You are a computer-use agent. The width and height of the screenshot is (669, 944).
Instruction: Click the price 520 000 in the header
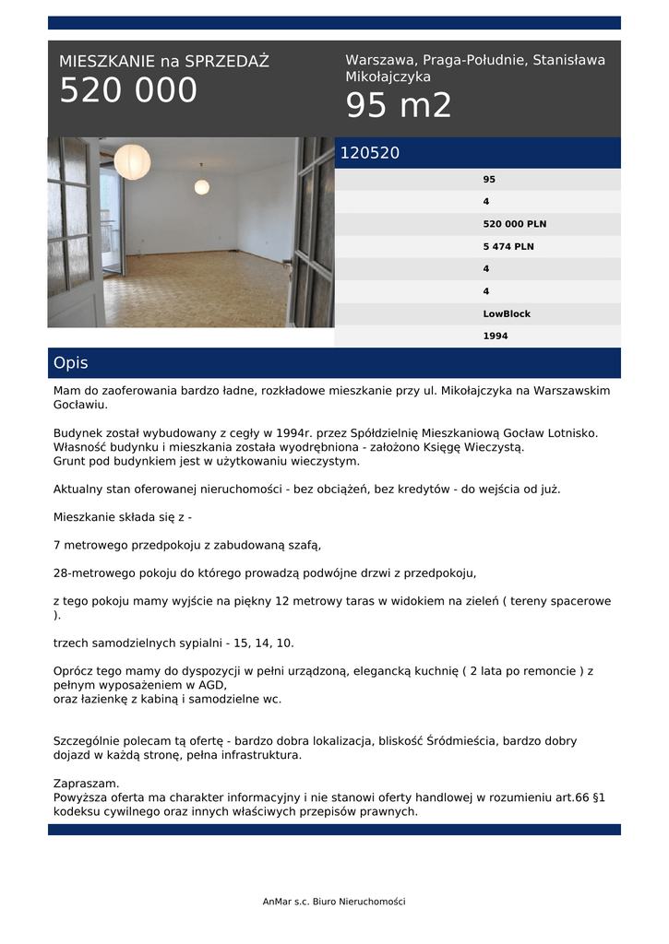tap(128, 90)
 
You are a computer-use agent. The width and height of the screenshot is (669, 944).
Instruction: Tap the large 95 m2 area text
tap(399, 107)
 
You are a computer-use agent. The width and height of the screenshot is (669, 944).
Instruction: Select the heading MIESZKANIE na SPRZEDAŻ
tap(164, 62)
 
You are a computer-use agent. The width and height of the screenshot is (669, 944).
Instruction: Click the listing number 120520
tap(370, 153)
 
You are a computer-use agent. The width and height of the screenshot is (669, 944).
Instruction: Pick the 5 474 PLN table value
tap(508, 246)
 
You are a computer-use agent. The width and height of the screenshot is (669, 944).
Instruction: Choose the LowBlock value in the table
tap(507, 313)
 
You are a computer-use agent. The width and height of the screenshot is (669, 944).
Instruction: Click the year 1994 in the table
tap(496, 336)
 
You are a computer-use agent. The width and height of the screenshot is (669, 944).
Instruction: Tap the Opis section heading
tap(71, 363)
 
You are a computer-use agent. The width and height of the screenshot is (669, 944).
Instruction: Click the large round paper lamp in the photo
tap(132, 161)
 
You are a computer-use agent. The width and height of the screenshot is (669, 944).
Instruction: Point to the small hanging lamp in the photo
tap(201, 186)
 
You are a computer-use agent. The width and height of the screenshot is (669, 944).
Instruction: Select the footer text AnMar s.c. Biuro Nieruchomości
tap(334, 902)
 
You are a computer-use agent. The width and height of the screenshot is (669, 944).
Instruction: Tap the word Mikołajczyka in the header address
tap(388, 77)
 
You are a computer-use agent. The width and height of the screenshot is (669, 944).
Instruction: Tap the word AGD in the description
tap(212, 685)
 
